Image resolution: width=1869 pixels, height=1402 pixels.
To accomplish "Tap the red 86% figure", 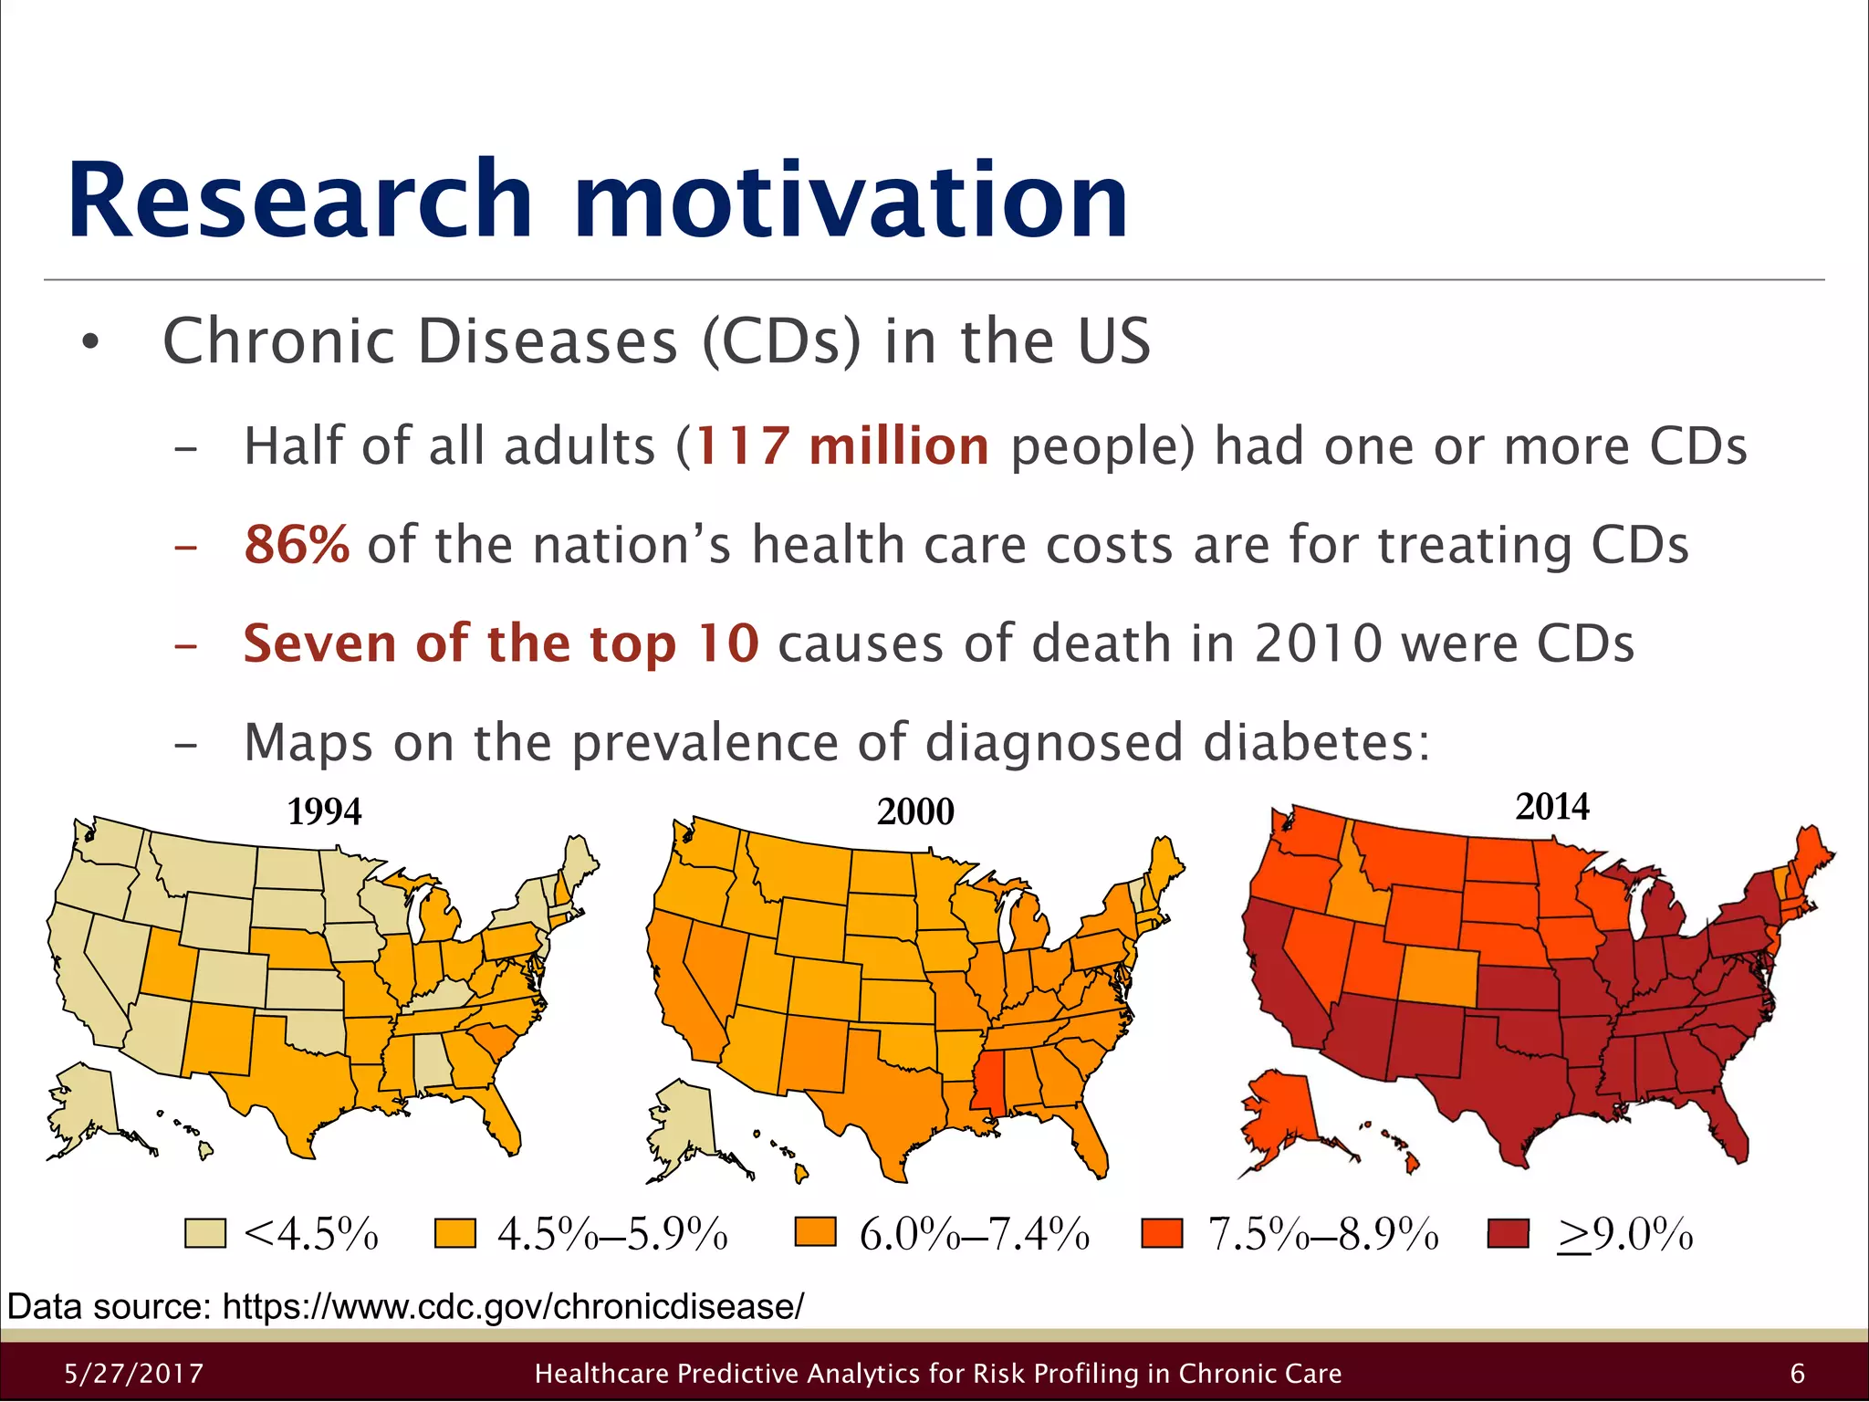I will (297, 545).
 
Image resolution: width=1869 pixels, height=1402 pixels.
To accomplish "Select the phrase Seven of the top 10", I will (500, 643).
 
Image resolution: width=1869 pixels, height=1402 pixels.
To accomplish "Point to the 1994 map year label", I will (324, 811).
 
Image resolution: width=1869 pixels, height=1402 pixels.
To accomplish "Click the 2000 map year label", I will (915, 811).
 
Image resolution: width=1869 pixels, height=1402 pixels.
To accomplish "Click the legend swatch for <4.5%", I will (204, 1233).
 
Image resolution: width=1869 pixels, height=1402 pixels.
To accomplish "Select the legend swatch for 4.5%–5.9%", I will (454, 1233).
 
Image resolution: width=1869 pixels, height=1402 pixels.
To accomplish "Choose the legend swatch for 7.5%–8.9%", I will (1162, 1233).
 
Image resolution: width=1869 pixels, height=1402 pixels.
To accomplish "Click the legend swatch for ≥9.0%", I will (1508, 1233).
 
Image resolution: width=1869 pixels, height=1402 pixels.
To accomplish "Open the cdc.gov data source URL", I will (513, 1307).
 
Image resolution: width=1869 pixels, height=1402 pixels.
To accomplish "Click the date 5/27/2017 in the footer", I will (134, 1374).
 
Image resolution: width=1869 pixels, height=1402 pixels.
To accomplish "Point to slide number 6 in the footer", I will (1797, 1374).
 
